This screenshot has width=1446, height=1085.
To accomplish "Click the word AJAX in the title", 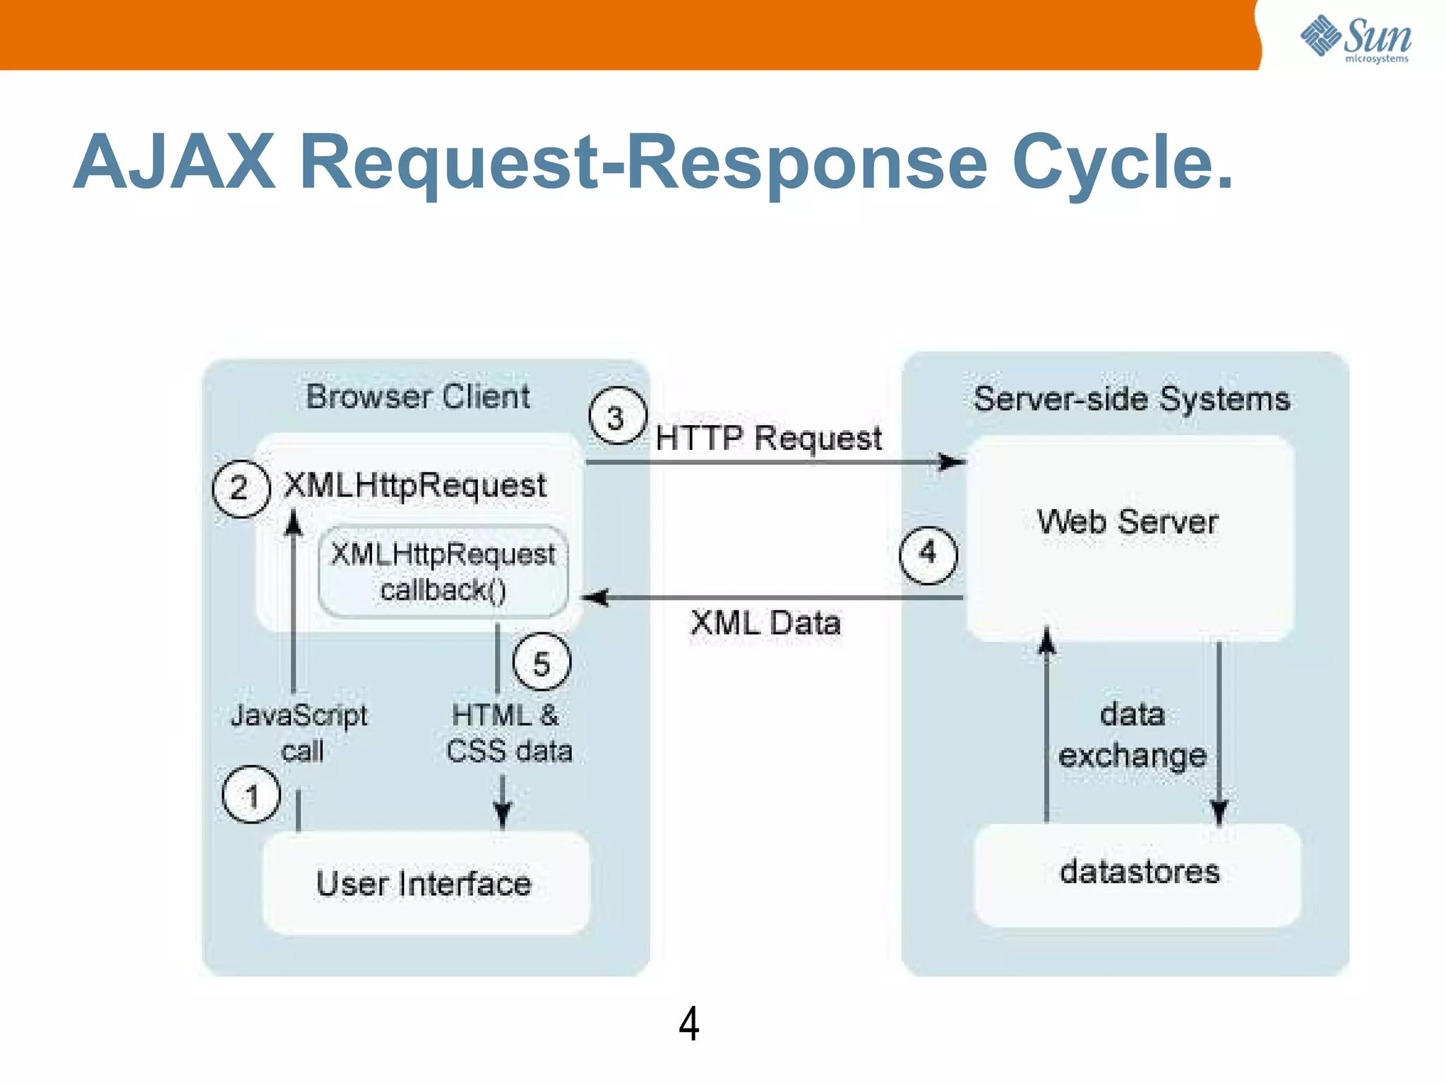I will tap(174, 162).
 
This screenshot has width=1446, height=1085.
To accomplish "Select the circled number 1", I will tap(251, 795).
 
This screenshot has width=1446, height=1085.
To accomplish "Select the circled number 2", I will tap(241, 489).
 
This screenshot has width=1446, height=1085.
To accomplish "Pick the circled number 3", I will tap(617, 417).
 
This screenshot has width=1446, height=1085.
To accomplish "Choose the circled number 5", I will tap(542, 663).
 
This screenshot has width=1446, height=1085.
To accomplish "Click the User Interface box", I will tap(425, 883).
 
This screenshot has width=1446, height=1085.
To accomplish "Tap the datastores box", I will tap(1138, 873).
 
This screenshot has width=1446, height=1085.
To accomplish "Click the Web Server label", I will tap(1128, 523).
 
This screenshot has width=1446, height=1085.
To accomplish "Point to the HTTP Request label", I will tap(768, 438).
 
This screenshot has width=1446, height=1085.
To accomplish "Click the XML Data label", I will tap(765, 623).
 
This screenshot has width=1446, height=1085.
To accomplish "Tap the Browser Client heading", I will tap(418, 397).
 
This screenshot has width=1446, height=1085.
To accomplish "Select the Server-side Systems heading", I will tap(1131, 399).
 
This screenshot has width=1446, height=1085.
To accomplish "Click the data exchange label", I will tap(1133, 735).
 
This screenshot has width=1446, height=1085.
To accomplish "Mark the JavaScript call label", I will tap(299, 733).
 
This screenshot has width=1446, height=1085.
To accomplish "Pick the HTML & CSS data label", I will tap(508, 733).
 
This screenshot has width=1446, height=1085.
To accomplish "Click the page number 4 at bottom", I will tap(688, 1024).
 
